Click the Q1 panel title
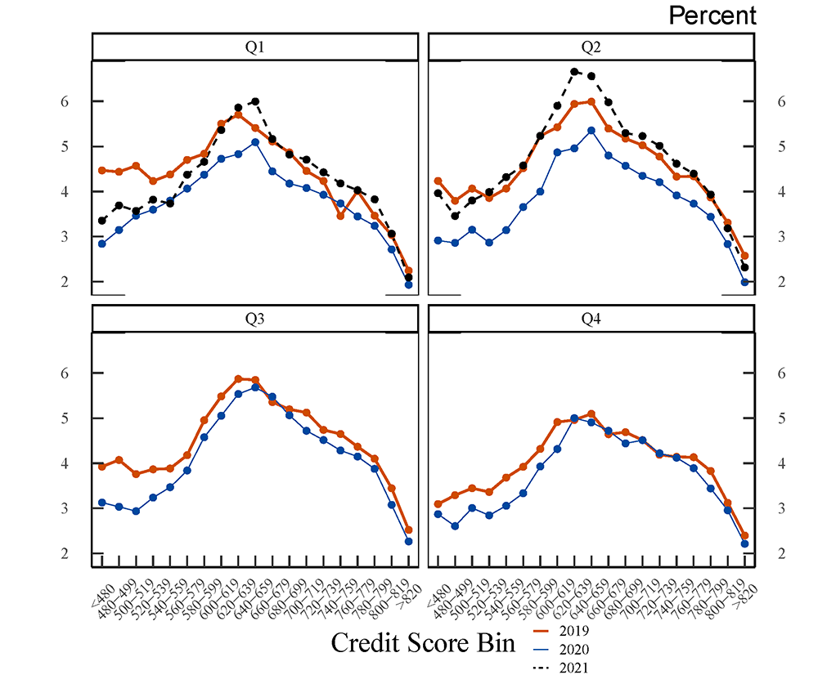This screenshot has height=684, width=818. click(x=255, y=47)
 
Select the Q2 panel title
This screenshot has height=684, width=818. click(x=591, y=47)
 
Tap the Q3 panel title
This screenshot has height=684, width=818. click(x=255, y=319)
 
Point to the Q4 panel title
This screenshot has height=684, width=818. click(x=591, y=319)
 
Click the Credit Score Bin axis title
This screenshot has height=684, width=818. click(x=423, y=643)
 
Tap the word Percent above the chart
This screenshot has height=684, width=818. click(x=712, y=15)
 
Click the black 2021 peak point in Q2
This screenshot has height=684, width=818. click(x=574, y=72)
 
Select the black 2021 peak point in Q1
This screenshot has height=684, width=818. click(x=255, y=101)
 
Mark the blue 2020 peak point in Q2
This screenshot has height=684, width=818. click(x=591, y=130)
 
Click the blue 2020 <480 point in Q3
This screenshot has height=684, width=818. click(x=101, y=503)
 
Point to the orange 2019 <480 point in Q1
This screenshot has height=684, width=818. click(x=101, y=170)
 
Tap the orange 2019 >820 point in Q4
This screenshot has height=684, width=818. click(x=745, y=536)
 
